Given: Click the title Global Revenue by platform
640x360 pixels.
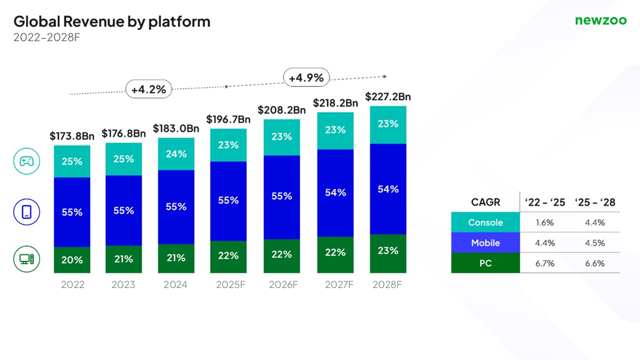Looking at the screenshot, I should tap(111, 21).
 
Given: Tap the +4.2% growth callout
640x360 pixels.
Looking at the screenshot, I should tap(148, 90).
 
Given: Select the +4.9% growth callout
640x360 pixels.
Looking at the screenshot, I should tap(306, 78).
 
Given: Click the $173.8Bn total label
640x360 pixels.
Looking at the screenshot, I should tap(72, 135).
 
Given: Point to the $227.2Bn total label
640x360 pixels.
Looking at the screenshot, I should tap(388, 96).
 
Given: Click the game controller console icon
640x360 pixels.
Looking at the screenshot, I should tap(26, 161).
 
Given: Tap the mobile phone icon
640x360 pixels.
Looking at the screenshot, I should tap(26, 212).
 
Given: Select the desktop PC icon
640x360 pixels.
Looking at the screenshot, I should tap(26, 259).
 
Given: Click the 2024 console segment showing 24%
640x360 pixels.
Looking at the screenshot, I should tap(176, 154).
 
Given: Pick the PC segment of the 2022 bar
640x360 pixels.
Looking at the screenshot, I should tap(72, 260).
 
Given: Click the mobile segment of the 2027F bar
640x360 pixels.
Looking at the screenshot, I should tap(335, 192).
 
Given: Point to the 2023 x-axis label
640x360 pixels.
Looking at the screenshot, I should tap(123, 285).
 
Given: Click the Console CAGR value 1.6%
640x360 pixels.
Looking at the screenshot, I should tap(544, 222).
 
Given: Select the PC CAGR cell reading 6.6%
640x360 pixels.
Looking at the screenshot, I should tap(595, 263).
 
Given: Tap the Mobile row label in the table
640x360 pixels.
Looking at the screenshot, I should tap(485, 242).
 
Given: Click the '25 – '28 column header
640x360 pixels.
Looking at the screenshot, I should tap(595, 202).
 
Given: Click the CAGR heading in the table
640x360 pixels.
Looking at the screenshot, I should tap(485, 202).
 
